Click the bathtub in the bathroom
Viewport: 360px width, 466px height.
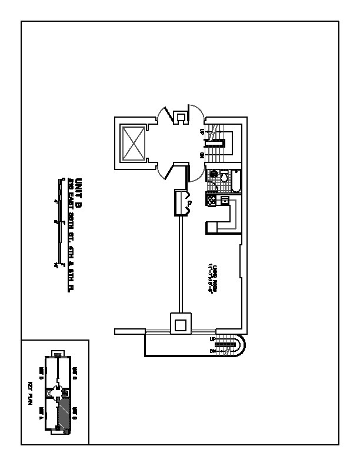click(x=235, y=182)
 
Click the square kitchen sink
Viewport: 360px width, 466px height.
click(x=224, y=201)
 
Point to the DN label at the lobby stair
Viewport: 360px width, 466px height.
click(x=202, y=155)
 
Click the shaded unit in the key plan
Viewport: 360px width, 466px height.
click(x=65, y=415)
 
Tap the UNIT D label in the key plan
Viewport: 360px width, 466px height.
click(x=42, y=372)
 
